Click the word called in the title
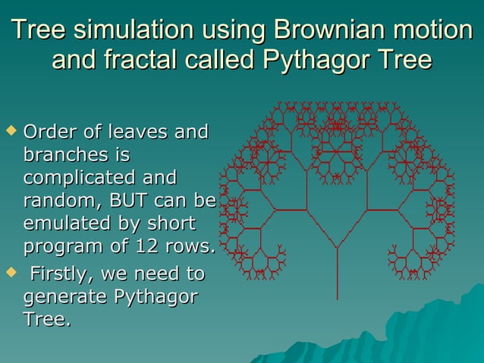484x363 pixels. coord(222,59)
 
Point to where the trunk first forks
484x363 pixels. coord(338,248)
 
